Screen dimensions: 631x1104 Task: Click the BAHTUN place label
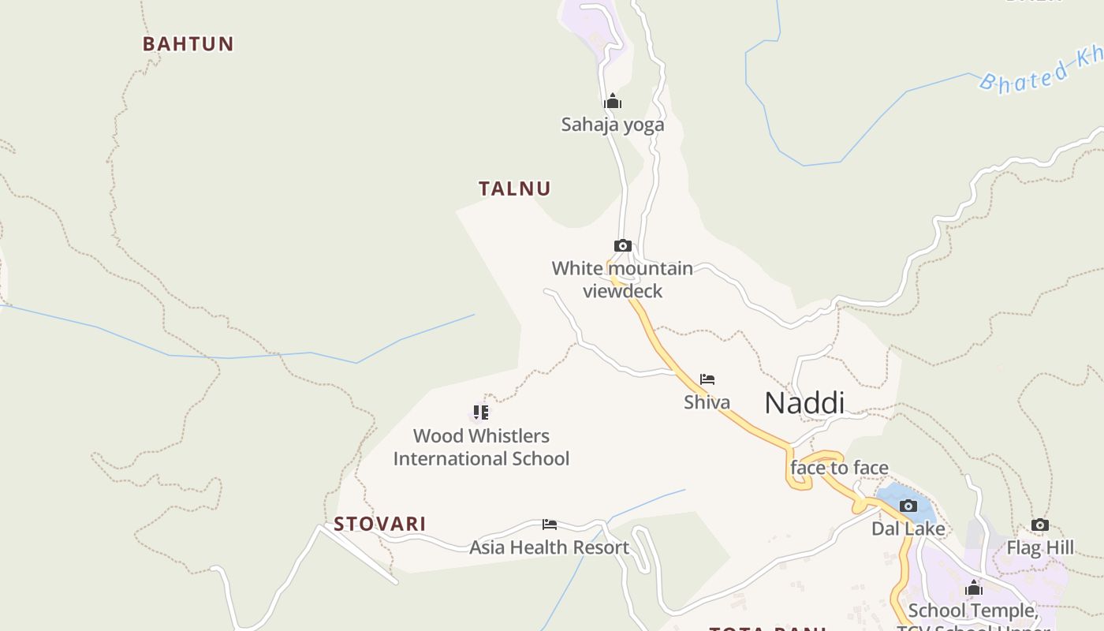[x=188, y=44]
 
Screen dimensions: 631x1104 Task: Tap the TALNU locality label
[x=514, y=189]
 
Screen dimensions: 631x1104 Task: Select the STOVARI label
[x=379, y=524]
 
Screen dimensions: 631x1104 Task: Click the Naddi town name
[x=804, y=403]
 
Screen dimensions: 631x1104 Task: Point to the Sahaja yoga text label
[x=613, y=125]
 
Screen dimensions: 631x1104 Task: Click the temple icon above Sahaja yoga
[x=613, y=101]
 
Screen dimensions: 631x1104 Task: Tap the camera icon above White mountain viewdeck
[x=622, y=245]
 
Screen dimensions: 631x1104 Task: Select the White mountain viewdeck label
[x=622, y=279]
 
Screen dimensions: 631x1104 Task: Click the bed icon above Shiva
[x=707, y=379]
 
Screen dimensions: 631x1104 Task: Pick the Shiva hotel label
[x=707, y=402]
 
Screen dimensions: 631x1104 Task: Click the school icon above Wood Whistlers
[x=481, y=412]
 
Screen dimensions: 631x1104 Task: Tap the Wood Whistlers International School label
[x=481, y=447]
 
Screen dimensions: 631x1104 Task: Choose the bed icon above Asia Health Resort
[x=550, y=525]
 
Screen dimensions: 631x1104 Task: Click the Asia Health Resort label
[x=550, y=547]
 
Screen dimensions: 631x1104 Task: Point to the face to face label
[x=839, y=468]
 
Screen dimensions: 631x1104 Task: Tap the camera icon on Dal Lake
[x=908, y=506]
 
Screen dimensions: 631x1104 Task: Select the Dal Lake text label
[x=908, y=528]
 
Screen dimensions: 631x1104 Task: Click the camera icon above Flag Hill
[x=1040, y=525]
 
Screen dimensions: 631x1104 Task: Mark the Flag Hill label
[x=1040, y=547]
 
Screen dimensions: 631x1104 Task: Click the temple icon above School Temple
[x=974, y=588]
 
